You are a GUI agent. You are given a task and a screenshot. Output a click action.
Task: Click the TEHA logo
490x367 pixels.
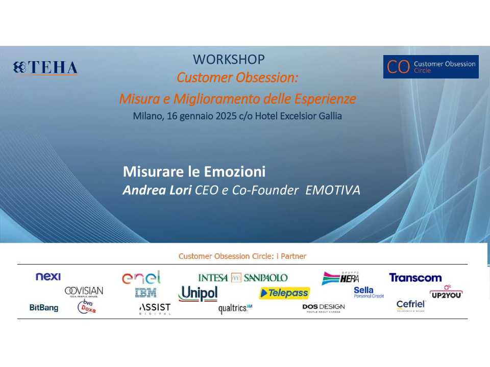click(46, 68)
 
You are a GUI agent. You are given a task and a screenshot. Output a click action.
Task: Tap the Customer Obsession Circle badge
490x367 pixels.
click(431, 67)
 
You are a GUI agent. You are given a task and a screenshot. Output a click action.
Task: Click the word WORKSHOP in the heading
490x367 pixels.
click(229, 60)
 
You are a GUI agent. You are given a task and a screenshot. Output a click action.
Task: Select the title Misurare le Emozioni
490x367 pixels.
click(194, 171)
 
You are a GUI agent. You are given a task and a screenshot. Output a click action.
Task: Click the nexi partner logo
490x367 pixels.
click(48, 277)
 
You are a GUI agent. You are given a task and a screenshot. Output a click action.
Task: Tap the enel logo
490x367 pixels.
click(141, 278)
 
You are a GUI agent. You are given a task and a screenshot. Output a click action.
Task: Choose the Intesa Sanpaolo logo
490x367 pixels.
click(243, 278)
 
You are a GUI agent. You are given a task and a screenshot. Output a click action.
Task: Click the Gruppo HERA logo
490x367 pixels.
click(340, 278)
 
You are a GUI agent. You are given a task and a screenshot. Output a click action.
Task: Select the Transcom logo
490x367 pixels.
click(415, 278)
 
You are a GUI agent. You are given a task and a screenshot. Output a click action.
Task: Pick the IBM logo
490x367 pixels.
click(145, 293)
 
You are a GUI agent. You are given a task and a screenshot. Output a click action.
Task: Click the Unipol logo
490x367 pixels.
click(198, 294)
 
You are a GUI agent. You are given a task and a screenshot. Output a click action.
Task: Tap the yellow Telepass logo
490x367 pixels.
click(284, 293)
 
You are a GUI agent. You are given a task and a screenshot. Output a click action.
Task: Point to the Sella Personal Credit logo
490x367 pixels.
click(369, 292)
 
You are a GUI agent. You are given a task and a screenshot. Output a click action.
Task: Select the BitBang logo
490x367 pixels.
click(44, 308)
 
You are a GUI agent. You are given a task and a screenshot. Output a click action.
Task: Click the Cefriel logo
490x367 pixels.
click(411, 305)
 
